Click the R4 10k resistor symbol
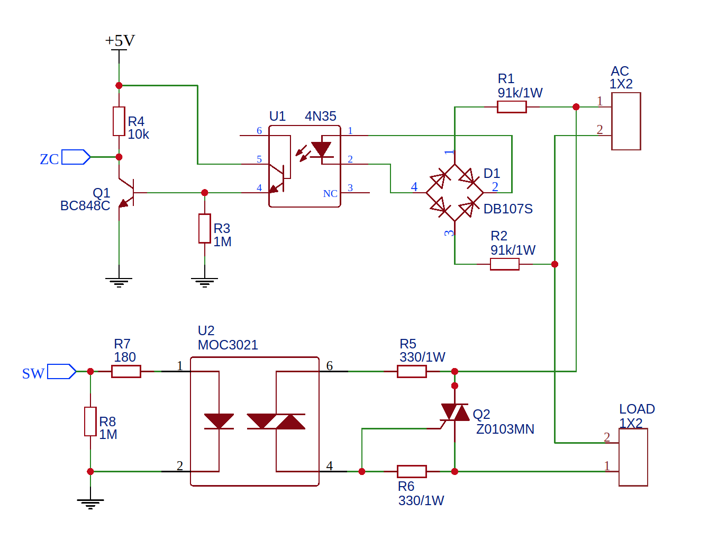click(119, 121)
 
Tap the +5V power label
click(120, 41)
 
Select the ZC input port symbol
click(76, 157)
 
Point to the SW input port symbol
click(61, 372)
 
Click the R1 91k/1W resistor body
click(512, 107)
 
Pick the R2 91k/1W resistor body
click(504, 264)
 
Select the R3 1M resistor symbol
click(205, 229)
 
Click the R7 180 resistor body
click(126, 372)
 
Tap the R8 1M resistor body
click(90, 422)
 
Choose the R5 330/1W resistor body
click(412, 372)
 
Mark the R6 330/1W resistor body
click(412, 471)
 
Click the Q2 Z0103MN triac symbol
click(455, 413)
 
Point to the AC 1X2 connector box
click(626, 121)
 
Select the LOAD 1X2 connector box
click(633, 457)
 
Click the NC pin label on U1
click(330, 194)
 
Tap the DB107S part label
click(508, 209)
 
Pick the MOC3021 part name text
click(228, 345)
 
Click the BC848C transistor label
click(85, 206)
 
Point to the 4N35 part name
click(321, 116)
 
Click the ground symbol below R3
click(205, 282)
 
